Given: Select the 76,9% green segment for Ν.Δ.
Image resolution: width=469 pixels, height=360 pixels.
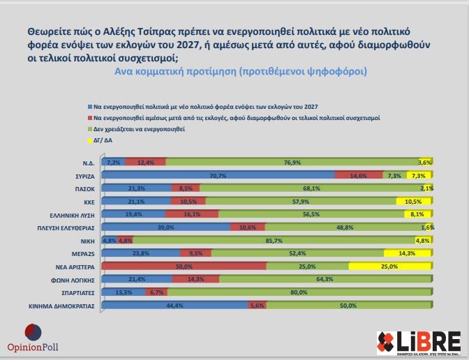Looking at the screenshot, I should [x=292, y=162].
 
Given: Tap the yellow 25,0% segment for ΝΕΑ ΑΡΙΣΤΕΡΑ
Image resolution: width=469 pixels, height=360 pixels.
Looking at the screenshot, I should [x=389, y=266].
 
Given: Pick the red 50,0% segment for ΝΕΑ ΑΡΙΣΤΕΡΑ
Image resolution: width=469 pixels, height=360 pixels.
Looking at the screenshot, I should [x=184, y=266].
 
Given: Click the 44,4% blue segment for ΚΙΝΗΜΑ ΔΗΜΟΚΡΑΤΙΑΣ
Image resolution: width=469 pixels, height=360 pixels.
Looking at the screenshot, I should [x=174, y=305].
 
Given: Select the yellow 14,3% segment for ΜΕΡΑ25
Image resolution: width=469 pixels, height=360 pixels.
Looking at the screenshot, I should [x=408, y=253].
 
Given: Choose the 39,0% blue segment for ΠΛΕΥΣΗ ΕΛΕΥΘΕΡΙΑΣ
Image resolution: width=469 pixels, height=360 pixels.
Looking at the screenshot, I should [x=165, y=227].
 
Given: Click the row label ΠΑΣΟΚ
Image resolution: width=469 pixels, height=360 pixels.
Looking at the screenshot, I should [x=86, y=188].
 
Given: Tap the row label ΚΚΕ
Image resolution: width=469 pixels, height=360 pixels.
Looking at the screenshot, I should [x=89, y=201].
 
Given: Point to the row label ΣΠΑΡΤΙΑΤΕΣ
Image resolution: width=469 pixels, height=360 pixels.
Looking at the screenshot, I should [x=78, y=292].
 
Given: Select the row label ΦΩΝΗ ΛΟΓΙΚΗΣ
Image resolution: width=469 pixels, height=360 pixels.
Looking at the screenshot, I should [x=75, y=279].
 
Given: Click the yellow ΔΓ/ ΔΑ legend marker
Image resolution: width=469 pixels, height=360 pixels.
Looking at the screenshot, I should [x=89, y=140].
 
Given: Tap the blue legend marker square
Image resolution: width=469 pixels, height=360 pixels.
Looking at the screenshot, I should [x=89, y=106].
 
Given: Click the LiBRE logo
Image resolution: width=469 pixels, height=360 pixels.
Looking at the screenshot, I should [x=419, y=343].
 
